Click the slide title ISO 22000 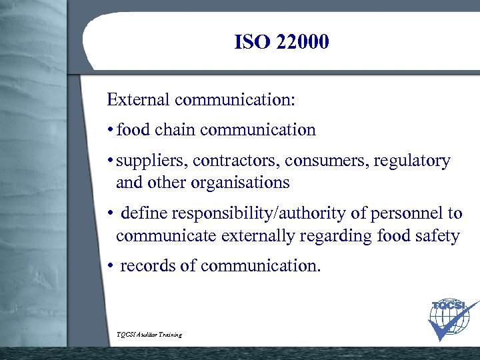click(281, 43)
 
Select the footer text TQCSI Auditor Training click(148, 334)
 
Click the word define click(145, 213)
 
